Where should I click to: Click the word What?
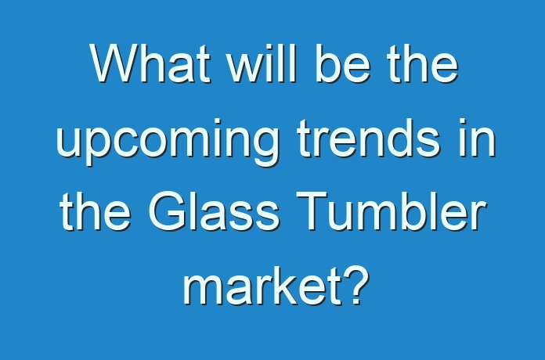pyautogui.click(x=150, y=63)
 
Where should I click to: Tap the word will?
pyautogui.click(x=261, y=63)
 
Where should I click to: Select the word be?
pyautogui.click(x=343, y=63)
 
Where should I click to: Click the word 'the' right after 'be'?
pyautogui.click(x=423, y=63)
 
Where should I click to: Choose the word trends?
pyautogui.click(x=369, y=138)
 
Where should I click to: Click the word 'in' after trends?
pyautogui.click(x=478, y=138)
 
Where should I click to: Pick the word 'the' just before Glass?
pyautogui.click(x=96, y=211)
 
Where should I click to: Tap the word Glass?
pyautogui.click(x=214, y=211)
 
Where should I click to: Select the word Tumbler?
pyautogui.click(x=391, y=211)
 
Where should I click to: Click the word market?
pyautogui.click(x=262, y=286)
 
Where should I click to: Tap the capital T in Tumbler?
pyautogui.click(x=312, y=211)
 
